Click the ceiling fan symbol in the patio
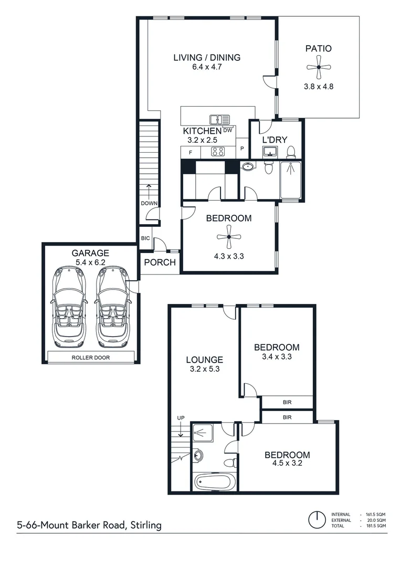[319, 67]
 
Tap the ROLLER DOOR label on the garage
[91, 358]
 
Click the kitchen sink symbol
[219, 120]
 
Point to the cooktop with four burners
[218, 152]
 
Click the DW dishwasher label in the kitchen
[228, 130]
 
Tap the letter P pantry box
[242, 149]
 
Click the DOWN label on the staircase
[149, 203]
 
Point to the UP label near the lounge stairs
[181, 418]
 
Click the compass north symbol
[317, 520]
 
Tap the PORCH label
[160, 262]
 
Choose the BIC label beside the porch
[145, 238]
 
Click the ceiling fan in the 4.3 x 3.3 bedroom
[229, 237]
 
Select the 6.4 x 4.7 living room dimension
[207, 67]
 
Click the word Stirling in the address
[146, 525]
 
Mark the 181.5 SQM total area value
[375, 526]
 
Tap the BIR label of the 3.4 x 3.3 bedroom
[287, 402]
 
